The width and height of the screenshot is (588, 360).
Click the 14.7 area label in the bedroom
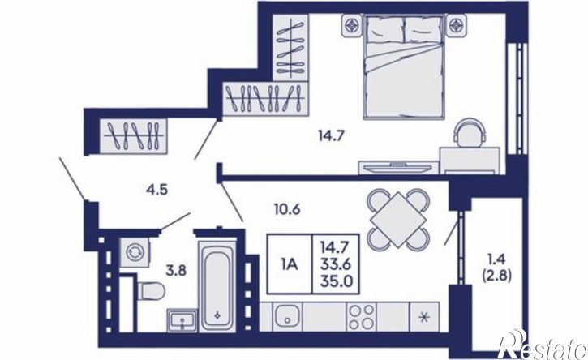[331, 135]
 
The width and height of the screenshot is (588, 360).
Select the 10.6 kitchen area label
[287, 209]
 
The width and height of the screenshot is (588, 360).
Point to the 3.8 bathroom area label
[176, 270]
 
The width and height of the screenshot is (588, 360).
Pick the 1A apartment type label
[289, 265]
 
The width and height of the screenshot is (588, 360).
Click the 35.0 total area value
[336, 281]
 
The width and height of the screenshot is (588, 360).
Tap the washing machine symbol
[134, 251]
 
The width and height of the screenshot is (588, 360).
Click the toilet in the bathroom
[151, 291]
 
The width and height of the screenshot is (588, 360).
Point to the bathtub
[217, 285]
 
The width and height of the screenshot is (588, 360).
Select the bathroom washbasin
[182, 320]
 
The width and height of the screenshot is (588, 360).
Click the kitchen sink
[287, 317]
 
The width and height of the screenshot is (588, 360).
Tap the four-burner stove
[362, 317]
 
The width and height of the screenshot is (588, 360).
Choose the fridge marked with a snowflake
[424, 317]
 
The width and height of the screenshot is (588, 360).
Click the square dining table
[397, 220]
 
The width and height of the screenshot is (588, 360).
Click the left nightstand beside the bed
[352, 26]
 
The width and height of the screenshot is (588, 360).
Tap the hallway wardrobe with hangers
[134, 136]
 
